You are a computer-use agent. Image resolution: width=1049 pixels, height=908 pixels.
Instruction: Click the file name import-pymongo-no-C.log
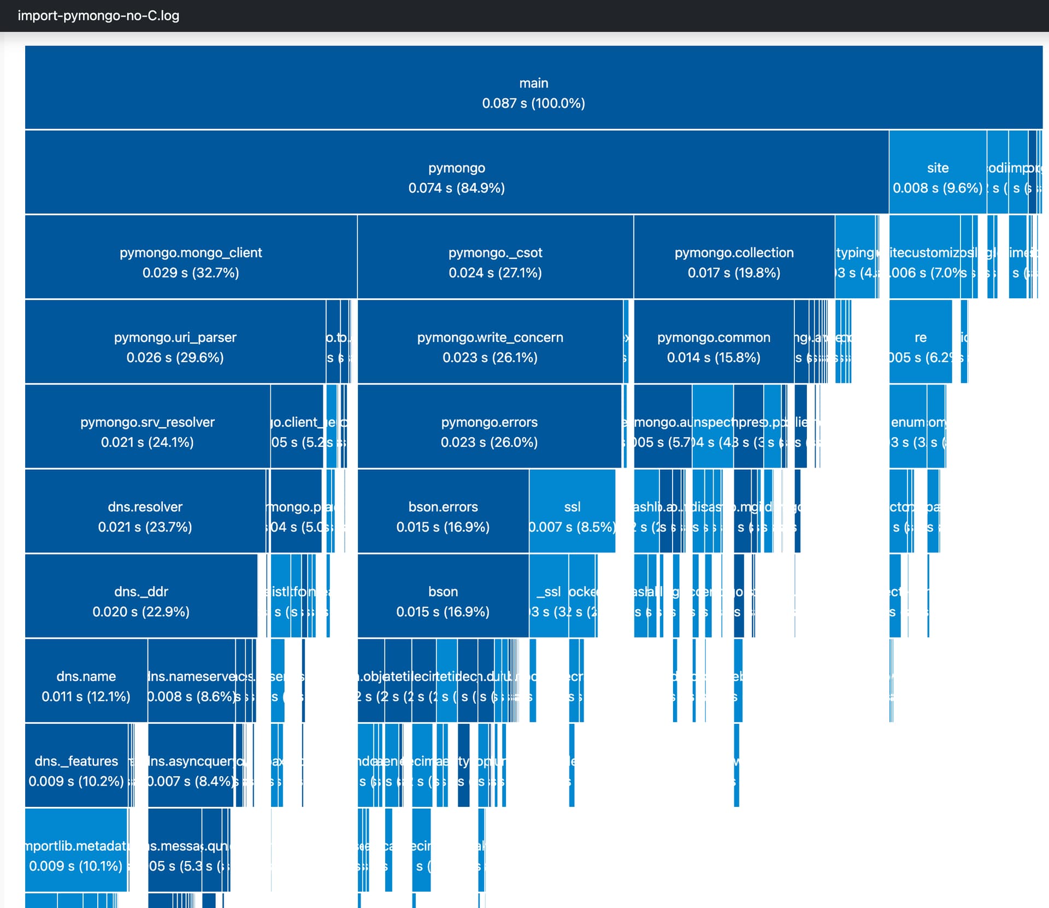[x=98, y=15]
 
